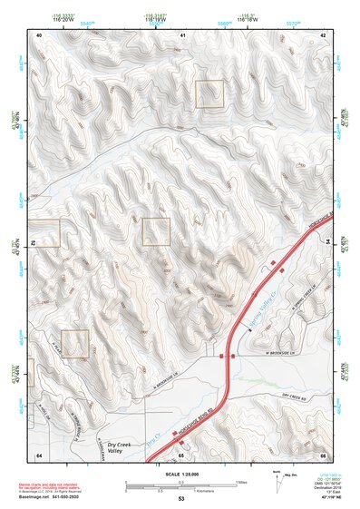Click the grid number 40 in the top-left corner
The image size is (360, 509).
[39, 34]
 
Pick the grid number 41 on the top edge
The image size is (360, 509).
[182, 34]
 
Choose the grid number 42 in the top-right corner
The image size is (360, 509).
[323, 34]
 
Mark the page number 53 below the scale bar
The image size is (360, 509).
[180, 499]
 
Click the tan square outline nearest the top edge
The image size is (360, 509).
[209, 93]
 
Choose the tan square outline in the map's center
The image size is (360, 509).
[156, 231]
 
